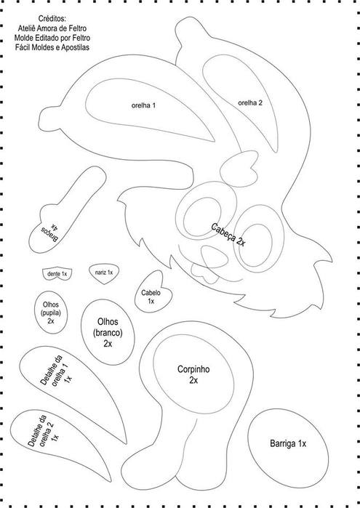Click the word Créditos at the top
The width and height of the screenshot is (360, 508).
click(52, 18)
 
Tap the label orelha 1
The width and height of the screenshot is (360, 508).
click(143, 105)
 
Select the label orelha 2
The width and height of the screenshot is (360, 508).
click(250, 103)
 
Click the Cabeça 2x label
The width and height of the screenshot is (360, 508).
click(228, 235)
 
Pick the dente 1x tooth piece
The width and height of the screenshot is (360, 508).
click(57, 274)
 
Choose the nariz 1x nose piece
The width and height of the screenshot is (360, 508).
click(104, 273)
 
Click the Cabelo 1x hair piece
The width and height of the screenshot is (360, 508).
click(153, 293)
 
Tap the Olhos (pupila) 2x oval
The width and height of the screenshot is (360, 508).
click(51, 313)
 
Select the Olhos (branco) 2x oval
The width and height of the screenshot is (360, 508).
click(108, 332)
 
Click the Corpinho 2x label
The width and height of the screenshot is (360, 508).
click(193, 374)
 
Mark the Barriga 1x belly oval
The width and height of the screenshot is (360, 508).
click(288, 448)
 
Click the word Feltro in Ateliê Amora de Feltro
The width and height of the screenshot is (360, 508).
click(78, 28)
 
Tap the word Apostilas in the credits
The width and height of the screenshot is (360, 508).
click(76, 47)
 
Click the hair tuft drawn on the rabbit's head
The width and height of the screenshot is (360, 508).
click(240, 169)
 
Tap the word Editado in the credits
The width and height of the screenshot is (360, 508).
click(43, 38)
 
